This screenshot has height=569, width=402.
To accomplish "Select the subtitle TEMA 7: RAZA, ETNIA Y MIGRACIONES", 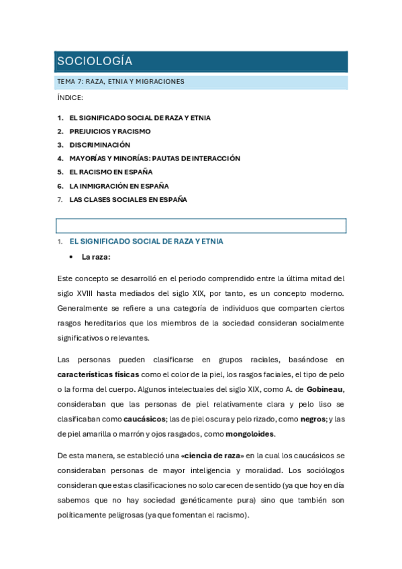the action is [121, 82].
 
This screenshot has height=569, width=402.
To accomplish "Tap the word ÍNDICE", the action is [70, 98].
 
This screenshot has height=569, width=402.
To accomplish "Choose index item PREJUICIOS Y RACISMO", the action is [110, 132].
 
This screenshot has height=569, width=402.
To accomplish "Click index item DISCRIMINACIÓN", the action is [100, 145].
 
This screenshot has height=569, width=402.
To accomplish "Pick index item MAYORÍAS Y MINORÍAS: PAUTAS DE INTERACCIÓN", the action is [154, 158].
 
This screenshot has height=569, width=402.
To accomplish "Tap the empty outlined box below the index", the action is [201, 225].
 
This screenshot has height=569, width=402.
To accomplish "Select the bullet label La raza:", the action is [96, 257].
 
